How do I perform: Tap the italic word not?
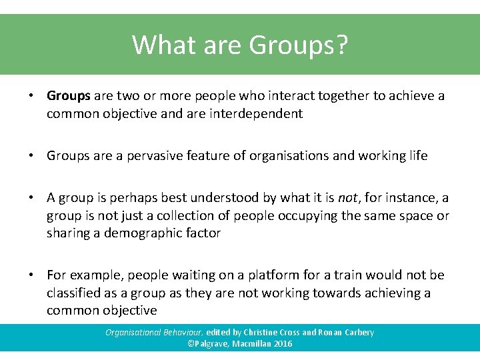pyautogui.click(x=348, y=198)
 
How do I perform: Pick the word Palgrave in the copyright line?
pyautogui.click(x=211, y=344)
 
